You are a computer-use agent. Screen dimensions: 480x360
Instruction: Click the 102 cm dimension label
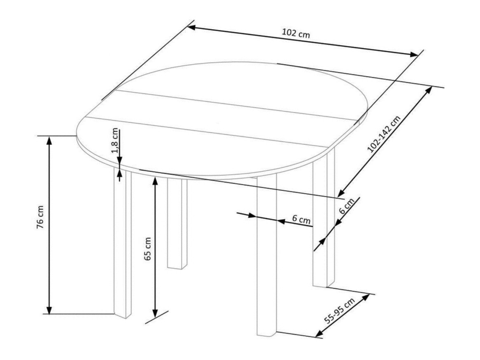[x=296, y=33]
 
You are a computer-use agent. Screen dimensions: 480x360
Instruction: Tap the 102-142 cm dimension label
[x=384, y=134]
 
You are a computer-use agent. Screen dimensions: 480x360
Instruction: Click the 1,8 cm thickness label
[x=115, y=140]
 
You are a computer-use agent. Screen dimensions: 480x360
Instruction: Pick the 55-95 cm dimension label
[x=340, y=311]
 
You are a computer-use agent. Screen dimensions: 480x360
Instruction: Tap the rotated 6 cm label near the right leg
[x=347, y=206]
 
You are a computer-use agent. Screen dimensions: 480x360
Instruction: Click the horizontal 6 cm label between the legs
[x=301, y=220]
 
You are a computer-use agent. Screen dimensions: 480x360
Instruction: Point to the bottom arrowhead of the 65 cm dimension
[x=155, y=313]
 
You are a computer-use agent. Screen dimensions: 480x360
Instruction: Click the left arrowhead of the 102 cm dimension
[x=192, y=27]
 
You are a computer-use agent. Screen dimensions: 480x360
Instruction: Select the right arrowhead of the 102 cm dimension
[x=414, y=54]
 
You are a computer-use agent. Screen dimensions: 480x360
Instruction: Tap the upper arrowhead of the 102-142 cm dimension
[x=429, y=90]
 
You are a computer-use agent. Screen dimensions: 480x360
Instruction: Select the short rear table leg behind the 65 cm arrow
[x=177, y=223]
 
